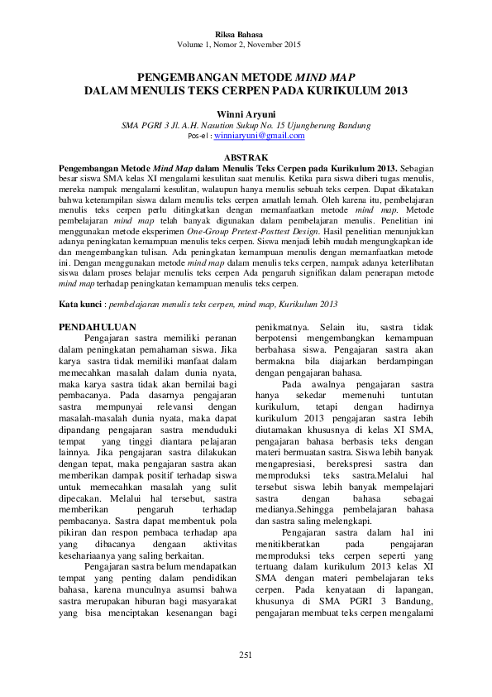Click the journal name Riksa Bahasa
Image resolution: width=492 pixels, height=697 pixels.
coord(246,36)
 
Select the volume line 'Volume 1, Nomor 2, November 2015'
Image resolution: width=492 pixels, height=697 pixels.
coord(246,45)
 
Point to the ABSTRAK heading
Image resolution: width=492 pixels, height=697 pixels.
coord(246,156)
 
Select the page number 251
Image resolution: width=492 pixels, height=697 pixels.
coord(246,655)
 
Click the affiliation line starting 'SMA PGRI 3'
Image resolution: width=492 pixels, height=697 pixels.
coord(246,124)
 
